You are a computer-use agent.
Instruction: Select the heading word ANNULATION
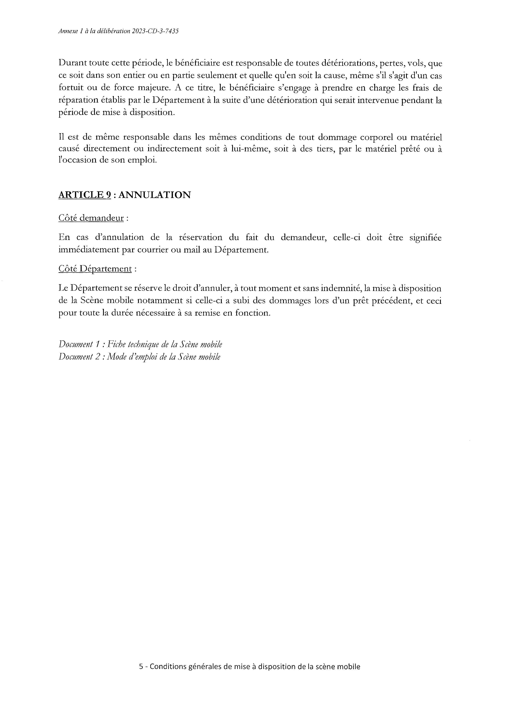pyautogui.click(x=155, y=195)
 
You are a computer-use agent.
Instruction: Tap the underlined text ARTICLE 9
pyautogui.click(x=85, y=195)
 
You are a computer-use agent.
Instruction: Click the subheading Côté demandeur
pyautogui.click(x=91, y=218)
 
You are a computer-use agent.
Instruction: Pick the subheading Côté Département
pyautogui.click(x=95, y=269)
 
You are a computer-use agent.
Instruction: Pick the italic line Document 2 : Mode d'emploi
pyautogui.click(x=139, y=357)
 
